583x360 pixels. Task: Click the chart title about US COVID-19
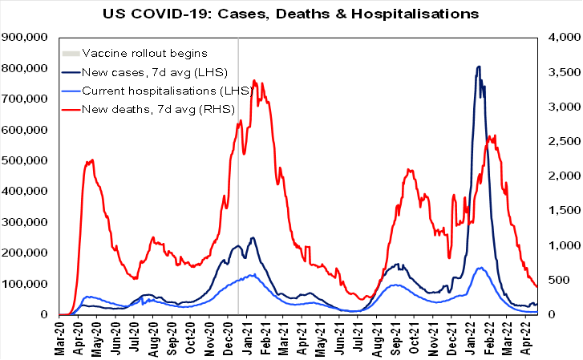pyautogui.click(x=291, y=14)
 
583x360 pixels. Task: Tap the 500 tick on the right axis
pyautogui.click(x=561, y=280)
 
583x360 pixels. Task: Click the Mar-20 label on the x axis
pyautogui.click(x=63, y=337)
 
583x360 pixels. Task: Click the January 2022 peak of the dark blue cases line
pyautogui.click(x=479, y=67)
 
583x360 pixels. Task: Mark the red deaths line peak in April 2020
pyautogui.click(x=92, y=160)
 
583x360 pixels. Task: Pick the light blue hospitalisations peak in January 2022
pyautogui.click(x=480, y=268)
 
